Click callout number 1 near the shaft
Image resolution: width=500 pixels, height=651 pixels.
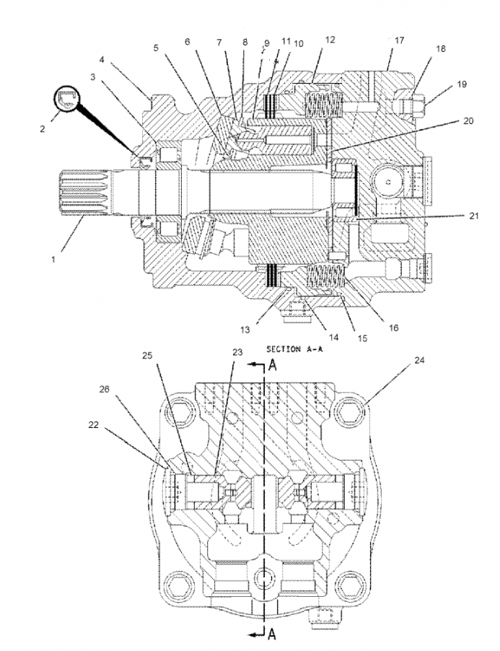[53, 260]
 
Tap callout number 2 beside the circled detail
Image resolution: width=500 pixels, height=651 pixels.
[43, 129]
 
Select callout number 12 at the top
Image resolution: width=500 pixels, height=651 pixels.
[330, 40]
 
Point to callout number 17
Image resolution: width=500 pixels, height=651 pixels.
[399, 40]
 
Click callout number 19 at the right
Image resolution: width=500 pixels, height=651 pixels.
[462, 84]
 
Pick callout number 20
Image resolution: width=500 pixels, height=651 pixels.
[468, 121]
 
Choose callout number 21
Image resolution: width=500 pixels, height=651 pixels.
[474, 216]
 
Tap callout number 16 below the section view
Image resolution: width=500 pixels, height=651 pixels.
[394, 328]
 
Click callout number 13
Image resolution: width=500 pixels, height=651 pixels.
[245, 330]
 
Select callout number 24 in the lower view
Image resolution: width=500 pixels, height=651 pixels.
[420, 360]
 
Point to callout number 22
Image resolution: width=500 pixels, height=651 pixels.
[94, 424]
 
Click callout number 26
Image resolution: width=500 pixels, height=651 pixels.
[105, 389]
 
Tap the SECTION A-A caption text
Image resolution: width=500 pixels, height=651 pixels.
[294, 349]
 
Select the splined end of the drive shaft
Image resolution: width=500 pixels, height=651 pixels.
[85, 193]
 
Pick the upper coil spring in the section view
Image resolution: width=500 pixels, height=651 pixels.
[323, 104]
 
